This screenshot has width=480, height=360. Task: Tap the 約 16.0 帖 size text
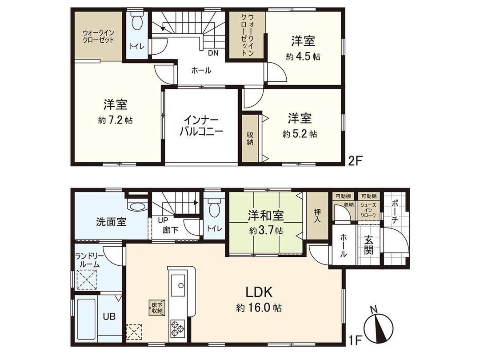click(259, 308)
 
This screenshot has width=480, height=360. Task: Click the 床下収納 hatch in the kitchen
click(157, 308)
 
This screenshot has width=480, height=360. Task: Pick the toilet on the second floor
click(138, 22)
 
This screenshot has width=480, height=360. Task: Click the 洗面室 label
click(111, 221)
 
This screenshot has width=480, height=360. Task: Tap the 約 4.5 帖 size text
click(304, 57)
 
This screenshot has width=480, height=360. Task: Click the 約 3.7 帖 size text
click(265, 231)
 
